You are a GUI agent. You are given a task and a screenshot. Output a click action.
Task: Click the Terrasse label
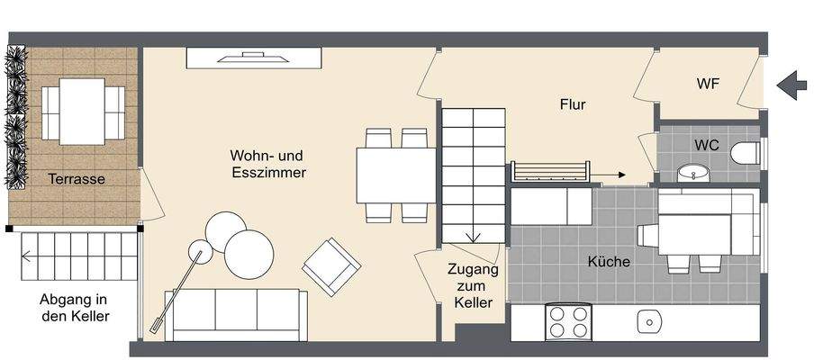77,179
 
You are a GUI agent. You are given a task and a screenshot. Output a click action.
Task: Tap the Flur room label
572,104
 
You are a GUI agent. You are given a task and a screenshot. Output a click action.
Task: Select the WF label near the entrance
708,84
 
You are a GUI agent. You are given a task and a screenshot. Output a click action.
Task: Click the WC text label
706,144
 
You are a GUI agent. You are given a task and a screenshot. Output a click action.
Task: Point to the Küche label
609,262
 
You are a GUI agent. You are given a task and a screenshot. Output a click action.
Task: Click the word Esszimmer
267,172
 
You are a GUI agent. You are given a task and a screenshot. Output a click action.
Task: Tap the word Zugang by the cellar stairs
473,270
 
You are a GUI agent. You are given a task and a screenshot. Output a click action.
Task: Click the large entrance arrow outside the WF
791,85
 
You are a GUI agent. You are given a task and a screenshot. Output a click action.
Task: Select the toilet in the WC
746,153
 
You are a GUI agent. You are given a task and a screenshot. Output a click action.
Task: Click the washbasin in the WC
693,171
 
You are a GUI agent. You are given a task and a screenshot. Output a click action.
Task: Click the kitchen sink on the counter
647,321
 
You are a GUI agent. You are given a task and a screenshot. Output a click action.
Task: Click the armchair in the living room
330,266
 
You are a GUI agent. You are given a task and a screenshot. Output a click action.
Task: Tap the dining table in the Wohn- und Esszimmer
396,175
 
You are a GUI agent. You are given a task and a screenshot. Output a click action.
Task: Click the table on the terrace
82,111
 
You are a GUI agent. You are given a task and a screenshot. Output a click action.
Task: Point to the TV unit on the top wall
254,58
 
